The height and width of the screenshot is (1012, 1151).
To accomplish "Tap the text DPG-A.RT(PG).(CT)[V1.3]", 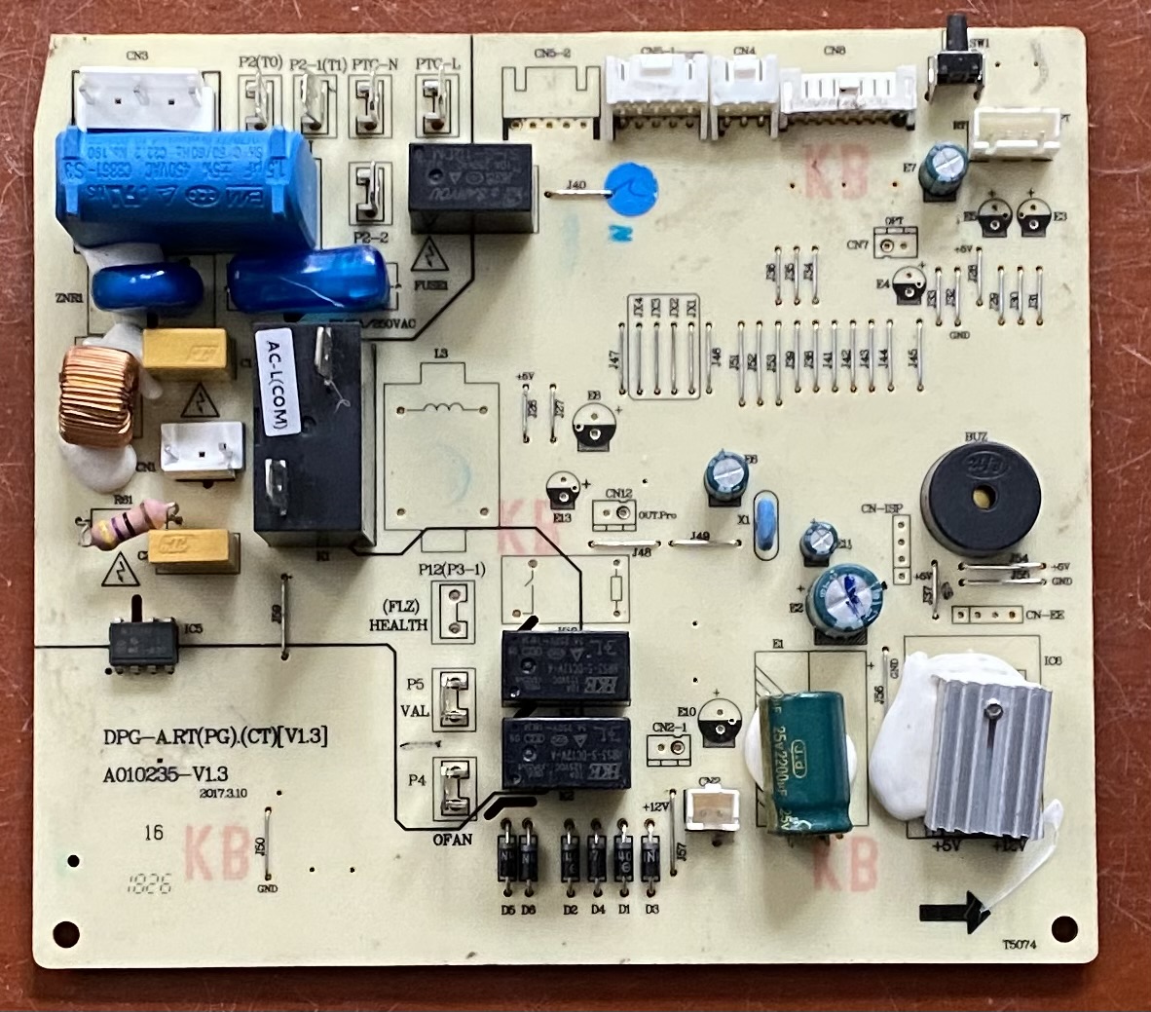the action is pyautogui.click(x=214, y=737).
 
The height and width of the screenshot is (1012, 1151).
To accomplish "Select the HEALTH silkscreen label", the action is pyautogui.click(x=398, y=624).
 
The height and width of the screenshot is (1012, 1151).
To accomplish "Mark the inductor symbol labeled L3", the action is pyautogui.click(x=444, y=409).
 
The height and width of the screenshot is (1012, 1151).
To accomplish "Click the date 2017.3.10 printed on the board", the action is pyautogui.click(x=224, y=794).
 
